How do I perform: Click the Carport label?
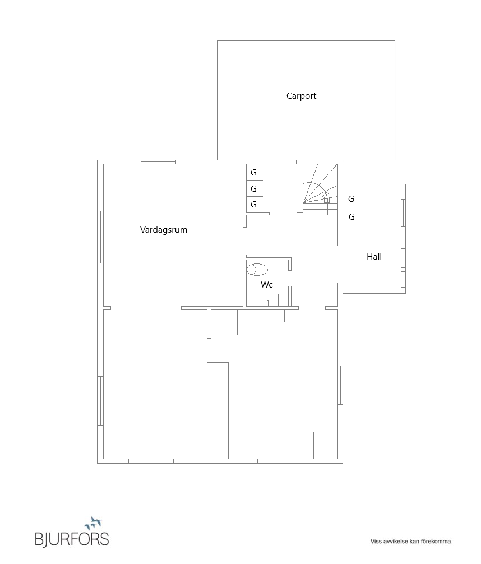tap(301, 96)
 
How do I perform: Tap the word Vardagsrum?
tap(163, 229)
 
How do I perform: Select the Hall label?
tap(374, 257)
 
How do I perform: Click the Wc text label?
tap(267, 285)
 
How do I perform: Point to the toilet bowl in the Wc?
tap(257, 269)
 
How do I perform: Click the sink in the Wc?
tap(268, 300)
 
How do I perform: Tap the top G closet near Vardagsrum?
tap(254, 172)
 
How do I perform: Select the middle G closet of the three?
tap(254, 188)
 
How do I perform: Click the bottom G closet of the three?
tap(254, 205)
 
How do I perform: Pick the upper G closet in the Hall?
tap(351, 199)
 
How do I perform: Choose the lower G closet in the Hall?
tap(351, 216)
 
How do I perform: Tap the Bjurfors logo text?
tap(71, 539)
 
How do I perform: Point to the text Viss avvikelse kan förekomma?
tap(410, 542)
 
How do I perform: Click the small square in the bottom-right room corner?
tap(325, 445)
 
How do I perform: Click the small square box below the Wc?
tap(224, 323)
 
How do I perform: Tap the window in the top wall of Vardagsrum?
tap(158, 162)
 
